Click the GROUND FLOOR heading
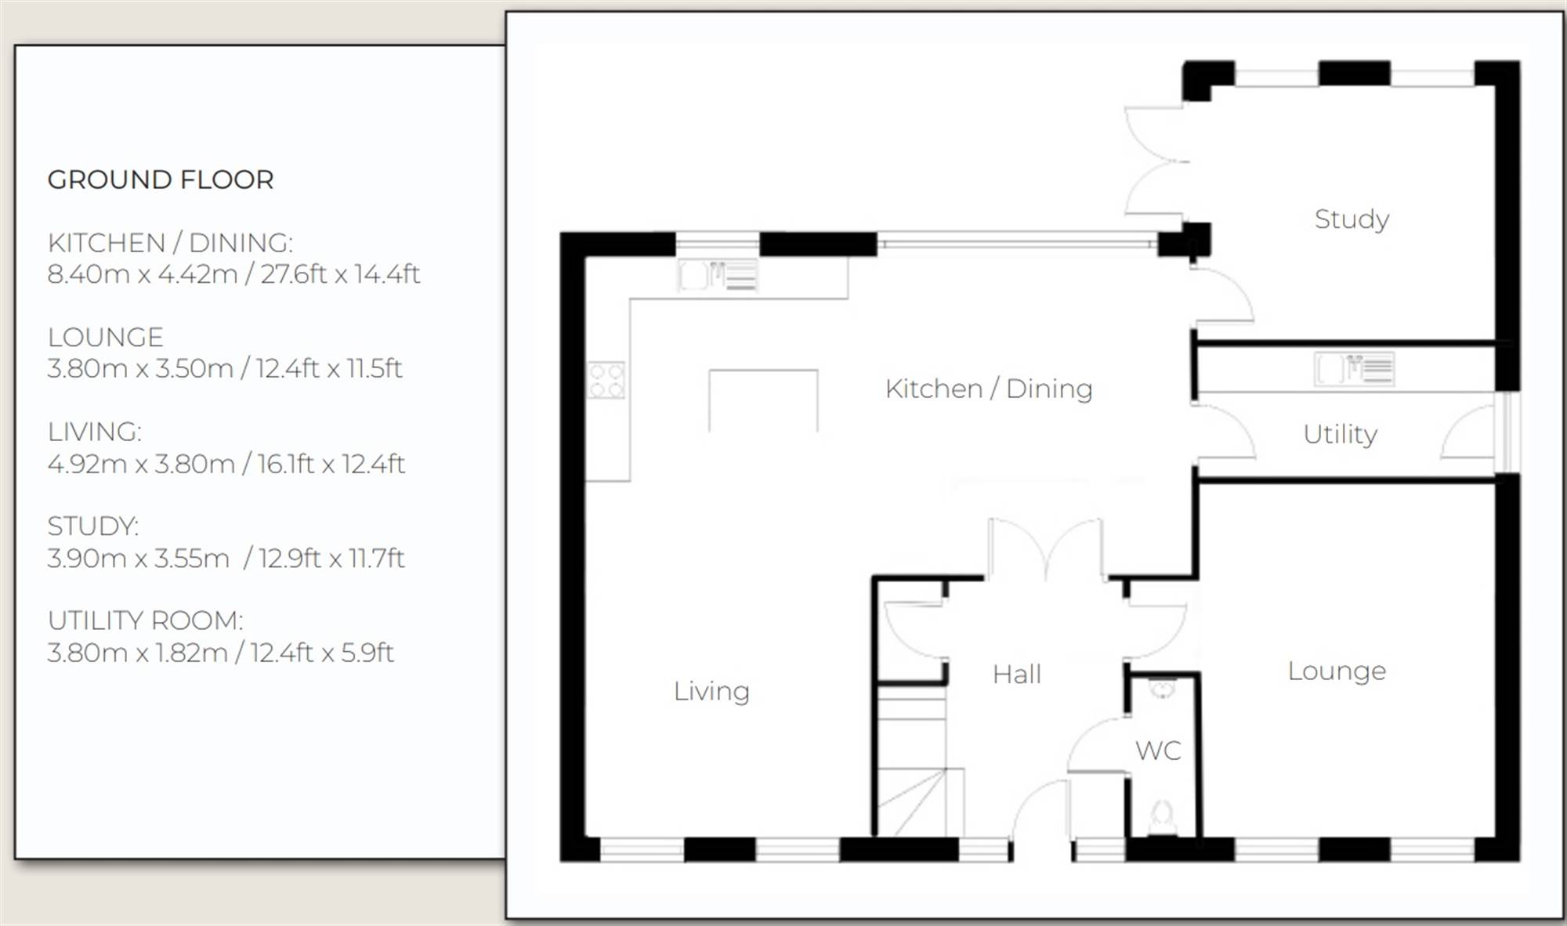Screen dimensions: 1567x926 (x=161, y=179)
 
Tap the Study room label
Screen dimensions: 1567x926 (x=1352, y=219)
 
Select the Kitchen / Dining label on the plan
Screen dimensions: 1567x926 (x=989, y=389)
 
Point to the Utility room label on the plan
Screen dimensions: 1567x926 (x=1340, y=434)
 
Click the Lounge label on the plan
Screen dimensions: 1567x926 (x=1337, y=671)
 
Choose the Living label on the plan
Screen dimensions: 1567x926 (x=711, y=691)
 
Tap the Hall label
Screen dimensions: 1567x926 (x=1017, y=674)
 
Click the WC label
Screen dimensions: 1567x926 (x=1158, y=751)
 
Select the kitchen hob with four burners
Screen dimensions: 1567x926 (x=606, y=380)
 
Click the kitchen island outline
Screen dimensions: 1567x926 (x=763, y=371)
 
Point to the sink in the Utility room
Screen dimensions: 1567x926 (x=1354, y=369)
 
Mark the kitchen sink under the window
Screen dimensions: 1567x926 (x=718, y=276)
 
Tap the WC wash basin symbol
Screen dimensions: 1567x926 (x=1162, y=689)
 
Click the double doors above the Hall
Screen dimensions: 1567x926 (x=1046, y=549)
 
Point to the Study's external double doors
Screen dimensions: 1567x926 (x=1156, y=161)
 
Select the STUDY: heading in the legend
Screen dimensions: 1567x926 (x=93, y=526)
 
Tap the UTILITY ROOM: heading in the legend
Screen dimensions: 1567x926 (x=146, y=620)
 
